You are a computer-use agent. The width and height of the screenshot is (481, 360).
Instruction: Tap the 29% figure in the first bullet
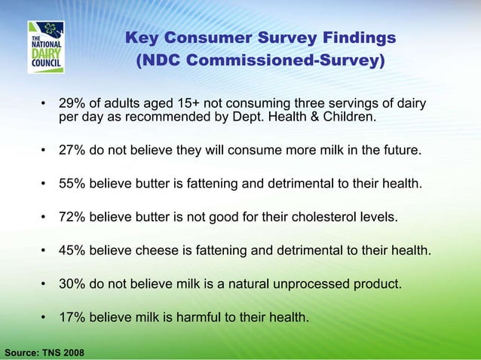[x=72, y=103]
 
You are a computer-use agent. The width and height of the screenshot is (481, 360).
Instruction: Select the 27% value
[x=72, y=151]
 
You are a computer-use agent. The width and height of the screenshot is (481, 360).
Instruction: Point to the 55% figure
[x=72, y=184]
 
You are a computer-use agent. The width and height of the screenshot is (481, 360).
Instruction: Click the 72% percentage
[x=72, y=218]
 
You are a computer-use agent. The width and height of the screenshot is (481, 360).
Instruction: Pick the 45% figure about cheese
[x=72, y=251]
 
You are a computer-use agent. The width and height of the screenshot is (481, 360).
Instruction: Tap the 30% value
[x=72, y=284]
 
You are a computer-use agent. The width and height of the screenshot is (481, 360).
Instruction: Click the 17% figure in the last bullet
[x=72, y=317]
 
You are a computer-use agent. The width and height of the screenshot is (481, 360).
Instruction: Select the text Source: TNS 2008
[x=44, y=352]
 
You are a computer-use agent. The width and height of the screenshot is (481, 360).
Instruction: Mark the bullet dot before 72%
[x=45, y=218]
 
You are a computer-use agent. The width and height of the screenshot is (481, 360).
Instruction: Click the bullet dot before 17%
[x=45, y=318]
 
